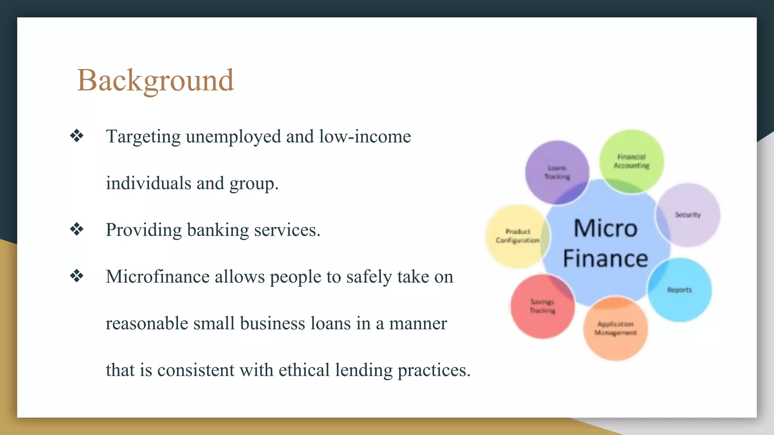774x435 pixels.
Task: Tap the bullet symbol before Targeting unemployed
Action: [77, 136]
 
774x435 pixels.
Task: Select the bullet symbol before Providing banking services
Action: [77, 229]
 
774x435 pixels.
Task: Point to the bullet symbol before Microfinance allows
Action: [77, 276]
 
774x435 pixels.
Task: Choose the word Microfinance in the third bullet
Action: [158, 276]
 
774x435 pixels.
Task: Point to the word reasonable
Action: [147, 324]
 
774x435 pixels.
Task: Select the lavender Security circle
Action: [688, 215]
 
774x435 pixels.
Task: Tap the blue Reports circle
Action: [680, 290]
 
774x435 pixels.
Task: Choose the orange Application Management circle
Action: [616, 328]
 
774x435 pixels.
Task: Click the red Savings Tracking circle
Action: [542, 306]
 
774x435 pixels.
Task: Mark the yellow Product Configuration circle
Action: [517, 236]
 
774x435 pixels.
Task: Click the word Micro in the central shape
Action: [605, 228]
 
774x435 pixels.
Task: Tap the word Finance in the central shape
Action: [605, 259]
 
